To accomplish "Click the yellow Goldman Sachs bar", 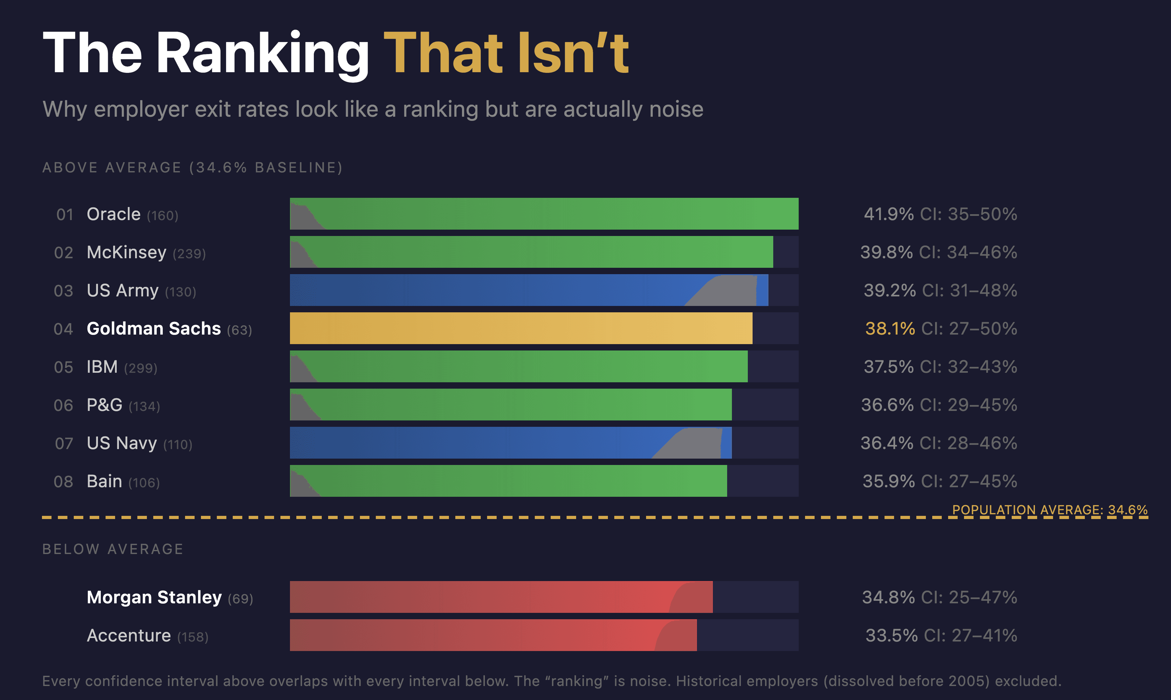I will click(521, 328).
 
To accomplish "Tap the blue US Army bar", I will click(486, 290).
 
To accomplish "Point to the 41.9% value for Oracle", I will click(888, 214).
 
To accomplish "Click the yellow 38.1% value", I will click(890, 329).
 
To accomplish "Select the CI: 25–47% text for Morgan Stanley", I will click(969, 597).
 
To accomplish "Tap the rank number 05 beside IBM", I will click(64, 367).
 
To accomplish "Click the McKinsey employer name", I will click(126, 252).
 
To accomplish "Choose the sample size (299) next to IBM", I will click(141, 368).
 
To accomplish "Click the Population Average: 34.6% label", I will click(1049, 510).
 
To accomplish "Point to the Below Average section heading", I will click(113, 549).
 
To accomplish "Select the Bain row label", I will click(104, 482).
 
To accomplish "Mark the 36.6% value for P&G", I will click(887, 405).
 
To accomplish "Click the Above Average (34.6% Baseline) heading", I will click(192, 168).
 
